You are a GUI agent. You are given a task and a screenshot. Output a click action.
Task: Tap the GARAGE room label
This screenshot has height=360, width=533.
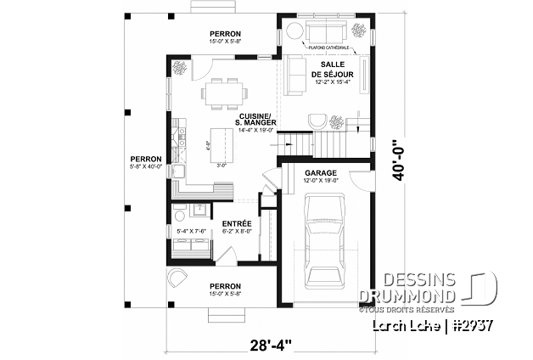click(321, 172)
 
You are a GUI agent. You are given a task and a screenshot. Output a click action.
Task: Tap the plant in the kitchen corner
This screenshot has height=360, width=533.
click(180, 67)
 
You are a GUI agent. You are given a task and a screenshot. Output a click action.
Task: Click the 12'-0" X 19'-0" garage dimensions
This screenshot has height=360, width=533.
click(322, 180)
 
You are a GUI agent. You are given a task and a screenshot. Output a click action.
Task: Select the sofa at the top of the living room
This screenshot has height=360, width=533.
click(326, 33)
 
